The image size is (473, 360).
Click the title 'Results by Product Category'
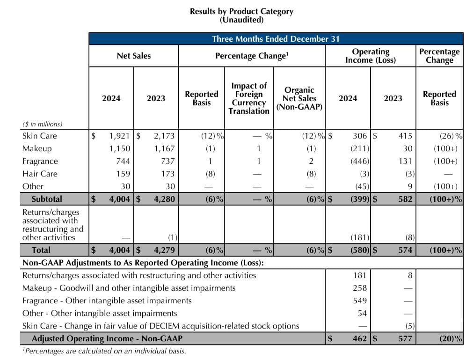[x=241, y=11]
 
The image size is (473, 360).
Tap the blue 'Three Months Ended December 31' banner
[x=276, y=39]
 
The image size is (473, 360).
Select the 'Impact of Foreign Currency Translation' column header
[x=249, y=98]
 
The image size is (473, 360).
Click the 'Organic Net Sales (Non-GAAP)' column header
[x=299, y=98]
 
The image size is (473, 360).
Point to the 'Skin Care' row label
[x=39, y=136]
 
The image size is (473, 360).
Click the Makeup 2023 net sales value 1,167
[x=164, y=148]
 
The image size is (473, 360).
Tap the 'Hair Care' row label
[x=40, y=174]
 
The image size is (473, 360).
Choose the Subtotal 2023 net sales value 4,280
[x=164, y=199]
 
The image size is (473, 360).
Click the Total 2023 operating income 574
[x=405, y=250]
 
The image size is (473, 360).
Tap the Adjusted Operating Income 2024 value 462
[x=359, y=338]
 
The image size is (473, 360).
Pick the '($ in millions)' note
[x=42, y=124]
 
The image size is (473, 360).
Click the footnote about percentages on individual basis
[x=104, y=351]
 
